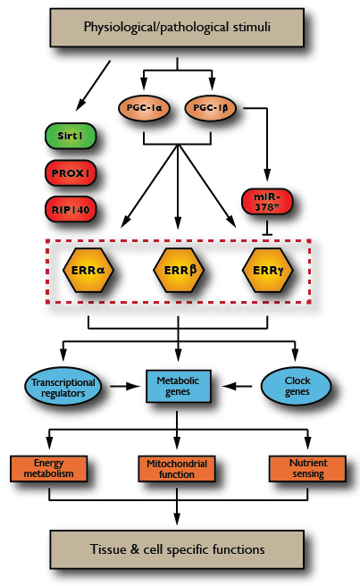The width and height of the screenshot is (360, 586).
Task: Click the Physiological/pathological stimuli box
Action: pos(177,28)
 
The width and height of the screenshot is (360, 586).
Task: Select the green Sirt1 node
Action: pos(71,136)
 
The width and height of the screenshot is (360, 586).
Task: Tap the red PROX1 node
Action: pos(71,173)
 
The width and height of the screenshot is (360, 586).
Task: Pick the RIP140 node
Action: pos(71,209)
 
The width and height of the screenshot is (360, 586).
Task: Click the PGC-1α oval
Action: pos(144,108)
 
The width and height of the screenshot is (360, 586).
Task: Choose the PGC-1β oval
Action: pos(211,108)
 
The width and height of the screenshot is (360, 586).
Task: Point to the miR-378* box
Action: pos(267,202)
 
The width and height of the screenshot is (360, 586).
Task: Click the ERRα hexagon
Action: pos(88,270)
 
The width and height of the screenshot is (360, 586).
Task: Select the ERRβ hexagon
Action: pos(179,270)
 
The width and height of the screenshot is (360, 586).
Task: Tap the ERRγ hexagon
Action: pos(268,270)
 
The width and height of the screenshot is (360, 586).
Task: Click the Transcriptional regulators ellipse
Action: pos(63,387)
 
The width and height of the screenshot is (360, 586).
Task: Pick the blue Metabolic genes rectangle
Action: pos(178,386)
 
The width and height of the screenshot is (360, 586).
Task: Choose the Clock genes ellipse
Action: pos(296,386)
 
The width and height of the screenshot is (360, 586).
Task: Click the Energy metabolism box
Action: pos(48,468)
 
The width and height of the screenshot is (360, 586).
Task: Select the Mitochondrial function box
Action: pos(177,469)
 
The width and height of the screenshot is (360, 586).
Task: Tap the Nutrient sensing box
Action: pos(307,468)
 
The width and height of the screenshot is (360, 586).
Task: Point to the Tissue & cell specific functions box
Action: pos(177,549)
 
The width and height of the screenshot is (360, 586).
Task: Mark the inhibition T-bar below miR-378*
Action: pos(267,229)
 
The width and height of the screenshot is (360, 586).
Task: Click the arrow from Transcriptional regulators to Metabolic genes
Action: pos(125,386)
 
